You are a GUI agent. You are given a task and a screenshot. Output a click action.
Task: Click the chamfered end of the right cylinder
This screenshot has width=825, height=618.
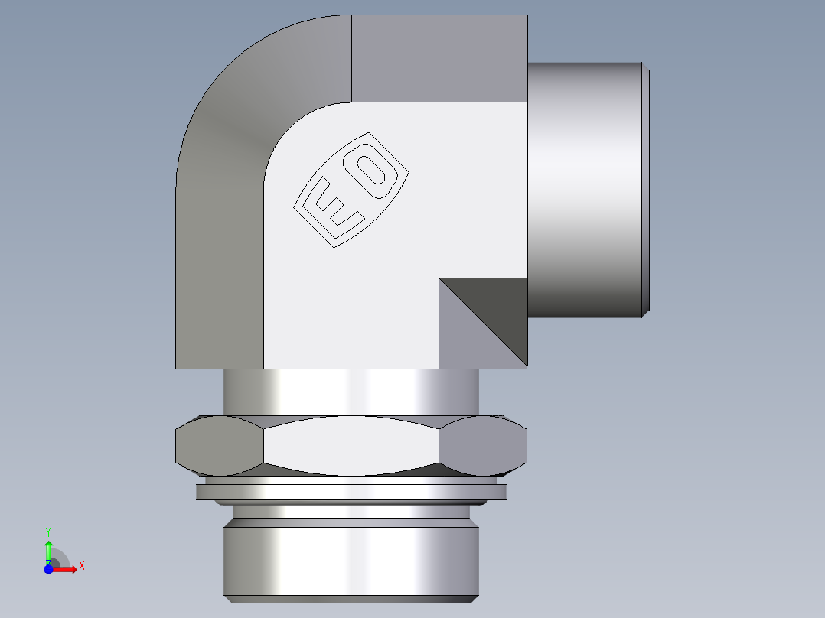[647, 190]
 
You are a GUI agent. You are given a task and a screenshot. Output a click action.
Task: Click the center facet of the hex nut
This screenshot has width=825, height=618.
[352, 445]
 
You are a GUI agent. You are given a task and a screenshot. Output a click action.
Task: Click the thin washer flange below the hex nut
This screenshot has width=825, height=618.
[351, 492]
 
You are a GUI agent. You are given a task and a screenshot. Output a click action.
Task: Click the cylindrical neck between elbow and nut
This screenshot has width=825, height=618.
[351, 392]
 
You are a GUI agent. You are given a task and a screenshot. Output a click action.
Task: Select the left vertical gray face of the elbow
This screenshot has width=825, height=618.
[220, 279]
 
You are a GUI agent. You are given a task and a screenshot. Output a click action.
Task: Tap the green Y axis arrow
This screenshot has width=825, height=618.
[48, 549]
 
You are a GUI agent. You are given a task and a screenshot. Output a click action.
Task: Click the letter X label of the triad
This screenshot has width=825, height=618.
[82, 566]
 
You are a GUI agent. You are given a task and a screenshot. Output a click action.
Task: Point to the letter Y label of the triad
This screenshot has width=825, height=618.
[48, 531]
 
